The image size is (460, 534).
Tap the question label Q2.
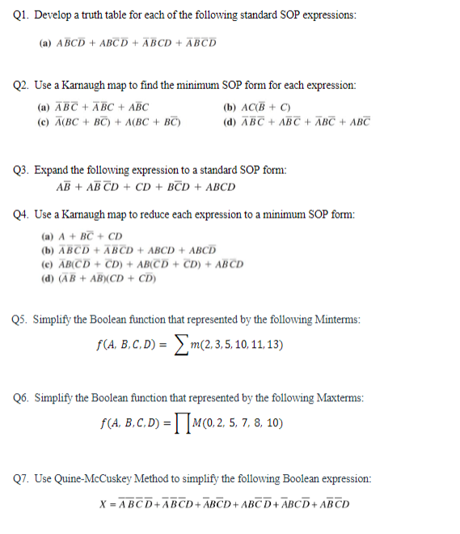click(x=22, y=84)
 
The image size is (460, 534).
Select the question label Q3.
click(x=22, y=170)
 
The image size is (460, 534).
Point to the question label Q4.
click(x=22, y=215)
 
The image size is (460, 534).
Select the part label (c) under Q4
click(x=45, y=264)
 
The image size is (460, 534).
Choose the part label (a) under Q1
click(x=44, y=43)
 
